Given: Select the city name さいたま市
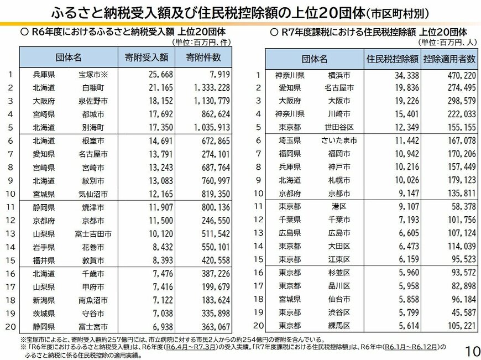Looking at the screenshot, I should click(339, 140).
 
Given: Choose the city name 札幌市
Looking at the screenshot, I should click(338, 180).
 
